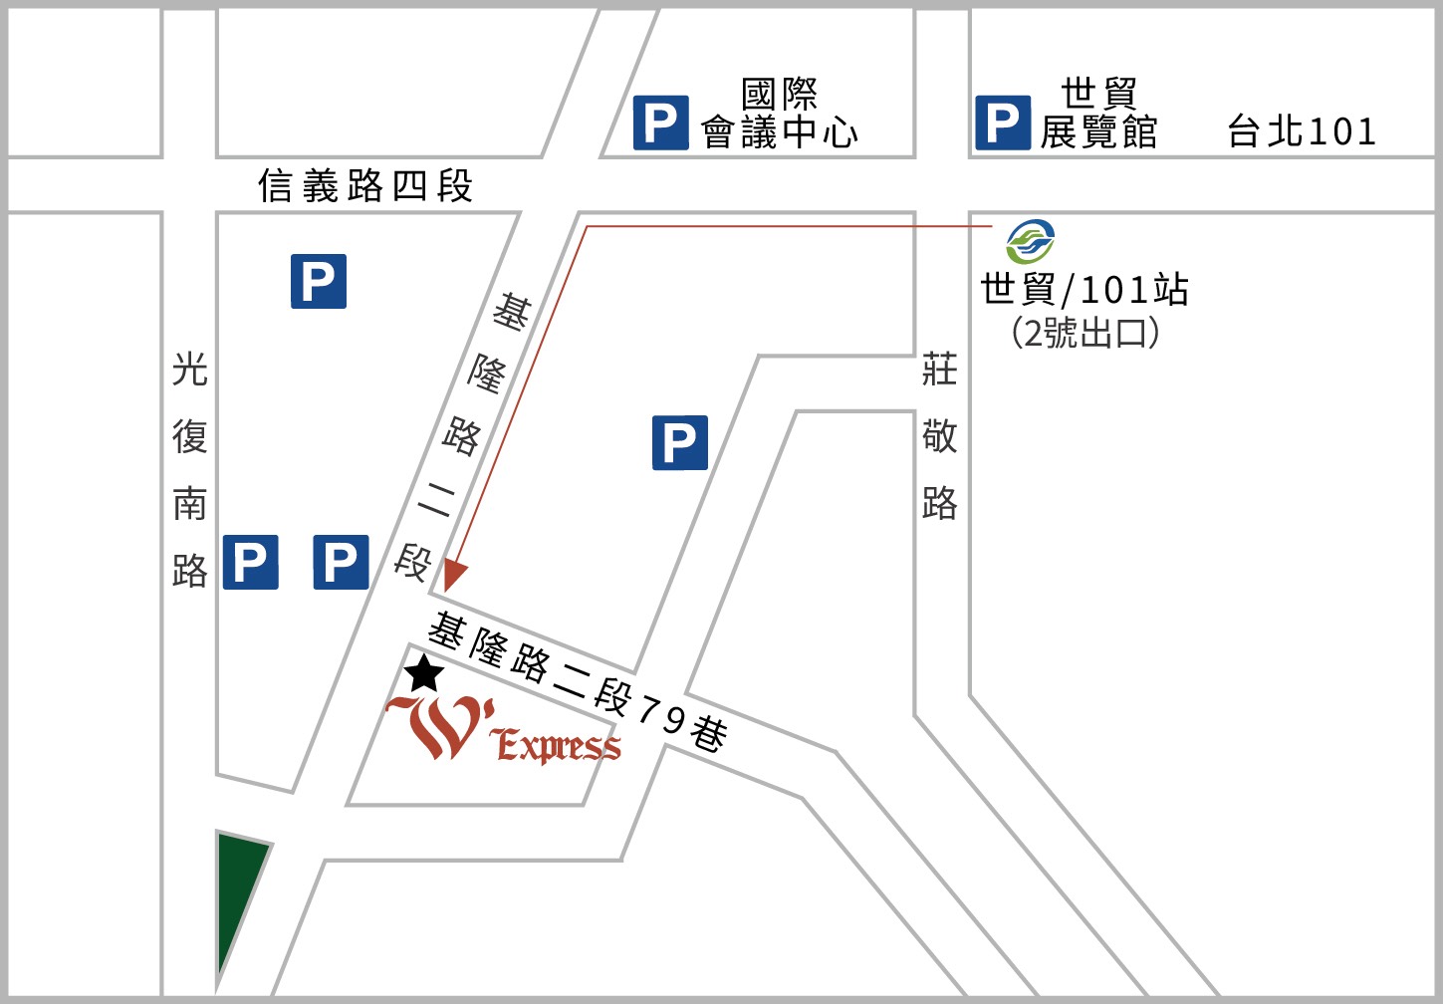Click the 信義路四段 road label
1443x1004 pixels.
click(364, 186)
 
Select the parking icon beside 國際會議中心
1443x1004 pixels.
click(661, 124)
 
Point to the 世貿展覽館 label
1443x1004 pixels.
click(1098, 113)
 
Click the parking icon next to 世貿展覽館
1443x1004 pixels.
click(1003, 124)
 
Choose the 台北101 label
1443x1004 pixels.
click(1302, 131)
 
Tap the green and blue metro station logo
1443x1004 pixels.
click(1030, 242)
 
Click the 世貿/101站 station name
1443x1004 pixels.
click(1084, 290)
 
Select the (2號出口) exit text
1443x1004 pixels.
click(1085, 333)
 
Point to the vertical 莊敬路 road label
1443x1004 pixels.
click(939, 436)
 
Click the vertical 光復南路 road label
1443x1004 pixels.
click(189, 468)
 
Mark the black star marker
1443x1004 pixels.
click(425, 674)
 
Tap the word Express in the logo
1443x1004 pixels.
click(558, 745)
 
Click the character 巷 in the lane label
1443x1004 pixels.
click(708, 735)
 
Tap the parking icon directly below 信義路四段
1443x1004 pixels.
click(319, 281)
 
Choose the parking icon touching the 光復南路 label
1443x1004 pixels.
click(250, 563)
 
